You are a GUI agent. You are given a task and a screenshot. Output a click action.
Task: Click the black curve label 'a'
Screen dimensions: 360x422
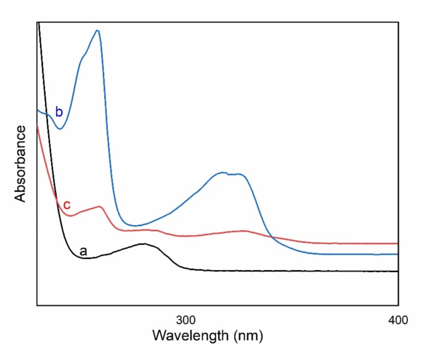tap(83, 251)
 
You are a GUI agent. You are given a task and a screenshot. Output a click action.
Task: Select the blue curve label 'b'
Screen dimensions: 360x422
tap(59, 112)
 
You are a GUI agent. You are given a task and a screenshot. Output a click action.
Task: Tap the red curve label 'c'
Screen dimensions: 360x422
tap(67, 204)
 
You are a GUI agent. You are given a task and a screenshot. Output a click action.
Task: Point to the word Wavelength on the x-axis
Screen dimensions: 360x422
tap(183, 337)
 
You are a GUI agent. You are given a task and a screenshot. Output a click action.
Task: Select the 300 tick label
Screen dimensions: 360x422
tap(185, 320)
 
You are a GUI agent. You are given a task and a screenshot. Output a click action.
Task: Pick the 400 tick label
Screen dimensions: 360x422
tap(397, 320)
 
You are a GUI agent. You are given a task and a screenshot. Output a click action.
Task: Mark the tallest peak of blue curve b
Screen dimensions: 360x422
tap(97, 30)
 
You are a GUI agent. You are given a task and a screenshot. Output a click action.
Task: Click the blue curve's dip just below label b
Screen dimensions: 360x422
tap(60, 129)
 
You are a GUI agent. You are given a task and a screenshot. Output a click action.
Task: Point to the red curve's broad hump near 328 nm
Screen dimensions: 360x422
tap(244, 231)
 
